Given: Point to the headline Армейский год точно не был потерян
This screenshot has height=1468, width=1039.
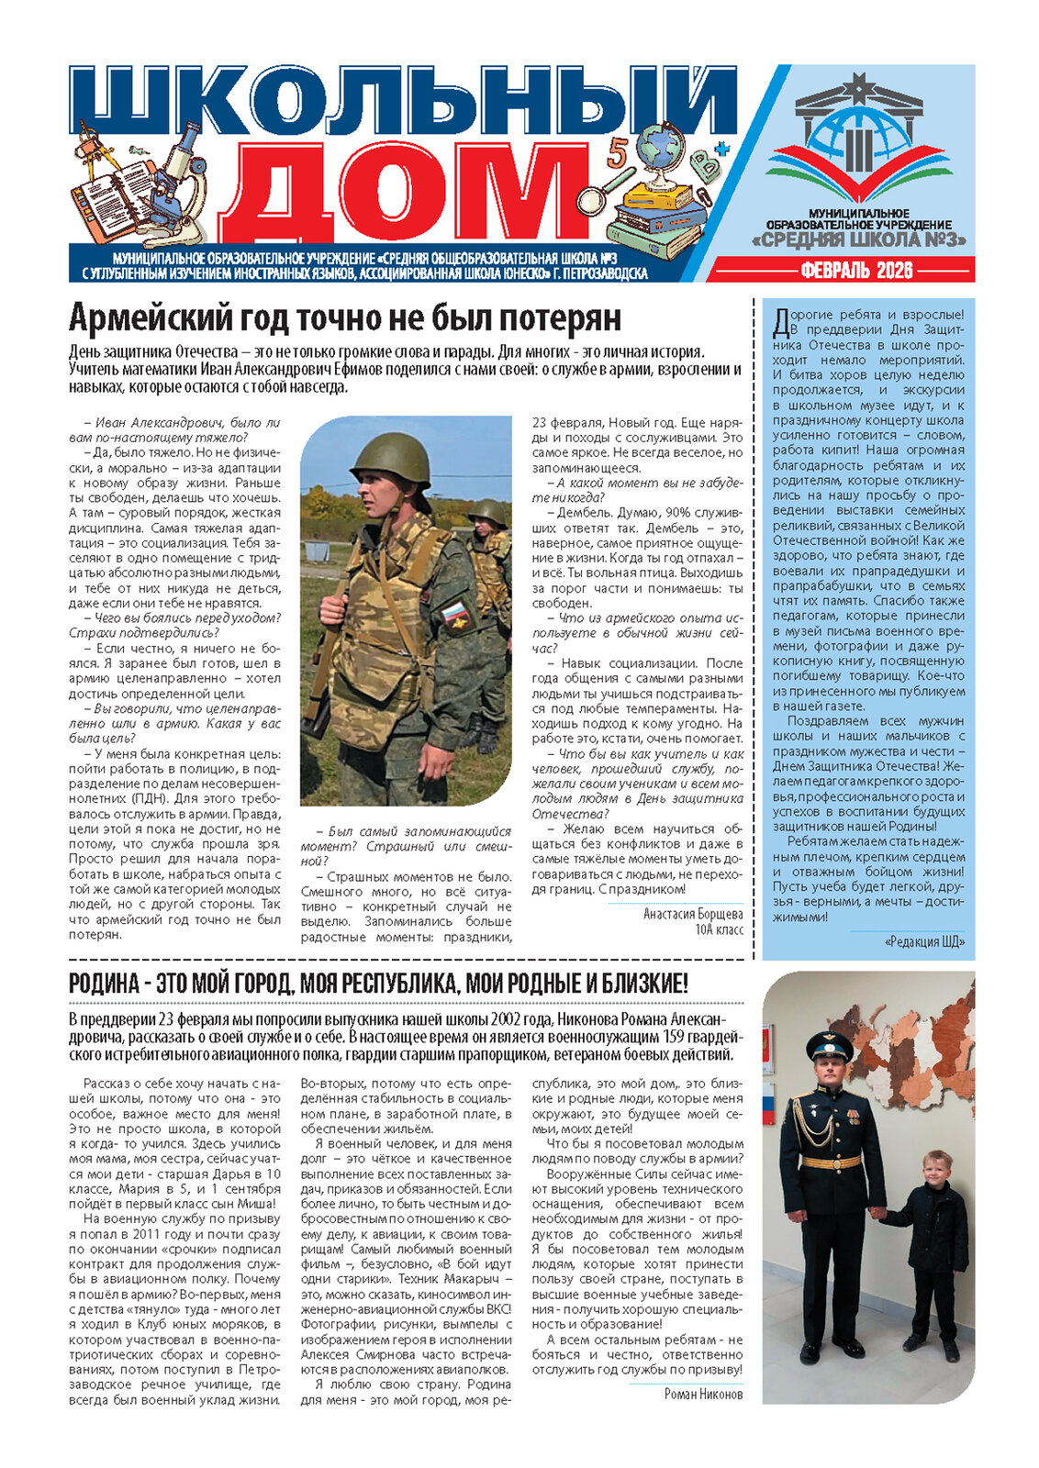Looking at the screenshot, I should click(x=345, y=318).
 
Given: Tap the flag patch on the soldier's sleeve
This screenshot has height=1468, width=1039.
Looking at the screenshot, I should click(x=455, y=614).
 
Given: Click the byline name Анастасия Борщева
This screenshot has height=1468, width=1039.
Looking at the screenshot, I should click(x=693, y=914).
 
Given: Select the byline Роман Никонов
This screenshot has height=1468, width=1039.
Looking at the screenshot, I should click(x=703, y=1395).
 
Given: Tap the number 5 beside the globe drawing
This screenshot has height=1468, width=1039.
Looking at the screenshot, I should click(x=616, y=151).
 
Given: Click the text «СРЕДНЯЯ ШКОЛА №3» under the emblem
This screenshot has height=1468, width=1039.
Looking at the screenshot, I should click(x=860, y=240).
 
